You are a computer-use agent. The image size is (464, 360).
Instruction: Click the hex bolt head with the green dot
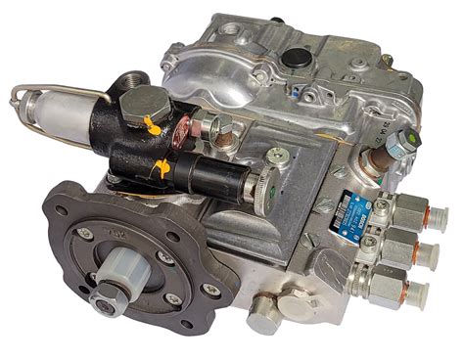pyautogui.click(x=403, y=146)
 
